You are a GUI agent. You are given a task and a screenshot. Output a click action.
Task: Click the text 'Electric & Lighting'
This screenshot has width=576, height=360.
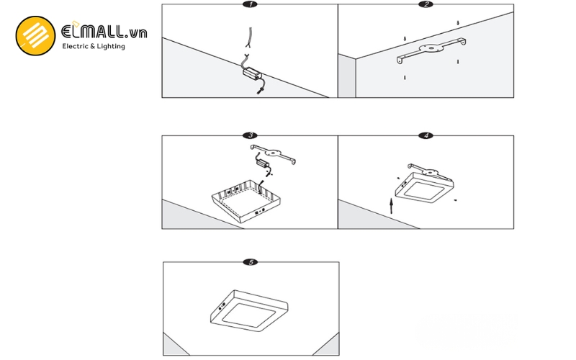coord(94,46)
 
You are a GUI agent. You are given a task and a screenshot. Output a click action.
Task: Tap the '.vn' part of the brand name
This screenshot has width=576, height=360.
coord(136,32)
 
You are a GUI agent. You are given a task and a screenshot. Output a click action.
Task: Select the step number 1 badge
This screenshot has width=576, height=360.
coord(249,4)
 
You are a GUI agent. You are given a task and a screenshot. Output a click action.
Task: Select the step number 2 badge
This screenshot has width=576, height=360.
coord(426,4)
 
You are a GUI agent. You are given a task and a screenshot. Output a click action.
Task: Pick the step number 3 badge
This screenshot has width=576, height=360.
coord(249,135)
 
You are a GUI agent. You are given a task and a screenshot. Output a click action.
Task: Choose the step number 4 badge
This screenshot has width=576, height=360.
coord(426,135)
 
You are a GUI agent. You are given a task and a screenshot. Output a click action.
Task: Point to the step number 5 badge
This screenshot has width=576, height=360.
coord(249,262)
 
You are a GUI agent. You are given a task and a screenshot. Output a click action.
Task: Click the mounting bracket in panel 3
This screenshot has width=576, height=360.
coord(274,153)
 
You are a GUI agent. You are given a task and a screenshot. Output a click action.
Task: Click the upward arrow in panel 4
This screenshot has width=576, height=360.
coord(391,207)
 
